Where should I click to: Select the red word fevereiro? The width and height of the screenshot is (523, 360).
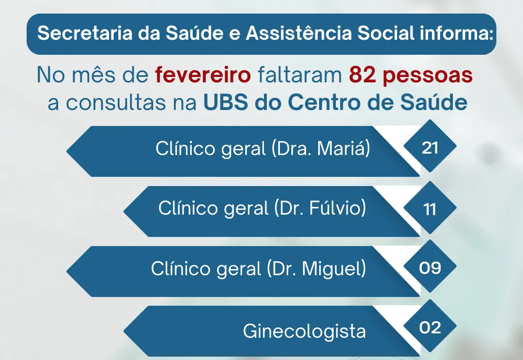(x=203, y=76)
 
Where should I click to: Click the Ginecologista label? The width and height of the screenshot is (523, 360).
(x=304, y=331)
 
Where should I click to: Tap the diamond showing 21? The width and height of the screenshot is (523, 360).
(x=430, y=148)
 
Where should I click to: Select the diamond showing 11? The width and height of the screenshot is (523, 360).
(x=430, y=209)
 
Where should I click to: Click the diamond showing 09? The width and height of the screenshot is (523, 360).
(x=430, y=268)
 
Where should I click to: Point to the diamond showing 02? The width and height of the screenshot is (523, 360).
(x=430, y=328)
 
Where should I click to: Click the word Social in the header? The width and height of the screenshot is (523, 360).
(x=385, y=34)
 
